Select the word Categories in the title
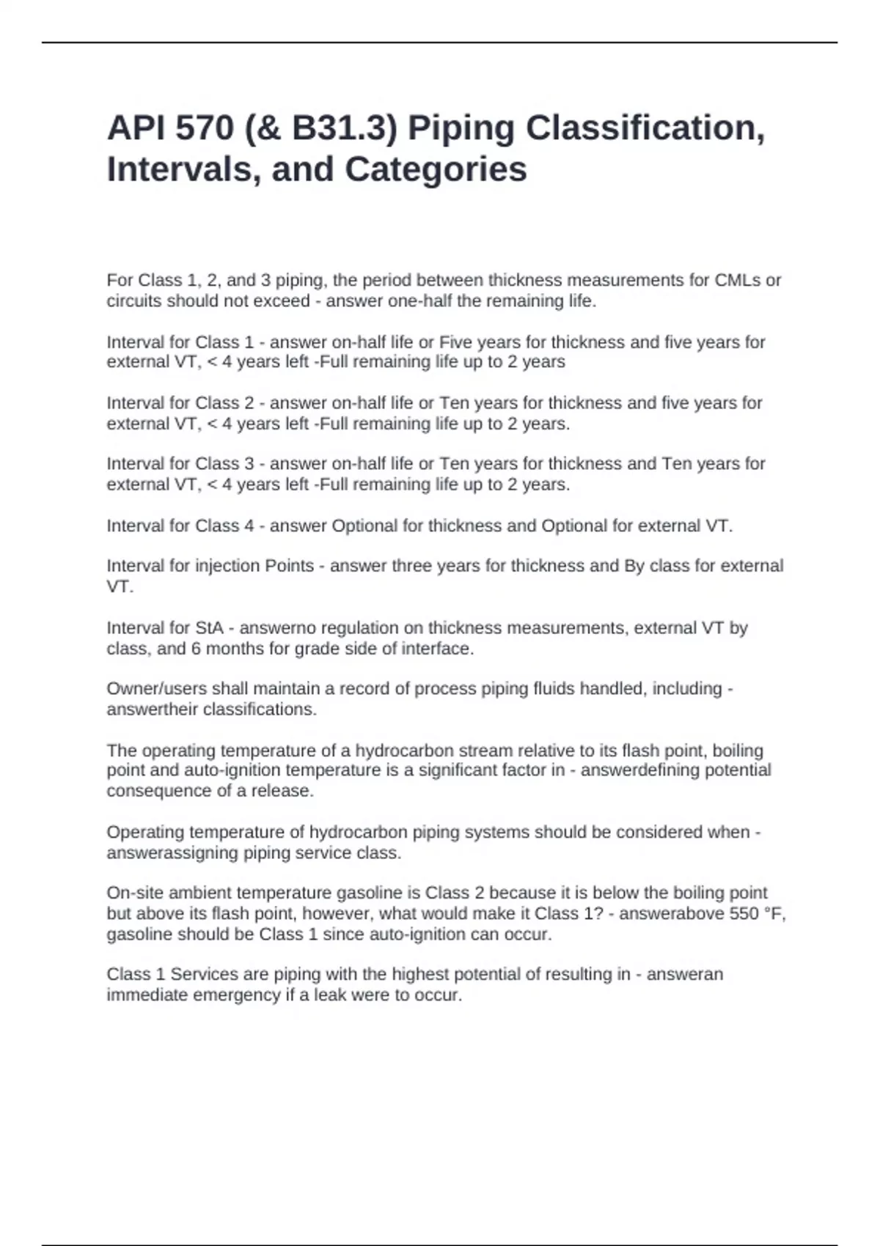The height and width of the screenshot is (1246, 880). pos(436,169)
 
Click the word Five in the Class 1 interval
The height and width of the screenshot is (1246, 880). pos(455,342)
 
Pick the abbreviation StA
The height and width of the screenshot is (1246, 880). pos(209,628)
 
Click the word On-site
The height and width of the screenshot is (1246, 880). pos(136,893)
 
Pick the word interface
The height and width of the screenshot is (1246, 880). pos(436,649)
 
